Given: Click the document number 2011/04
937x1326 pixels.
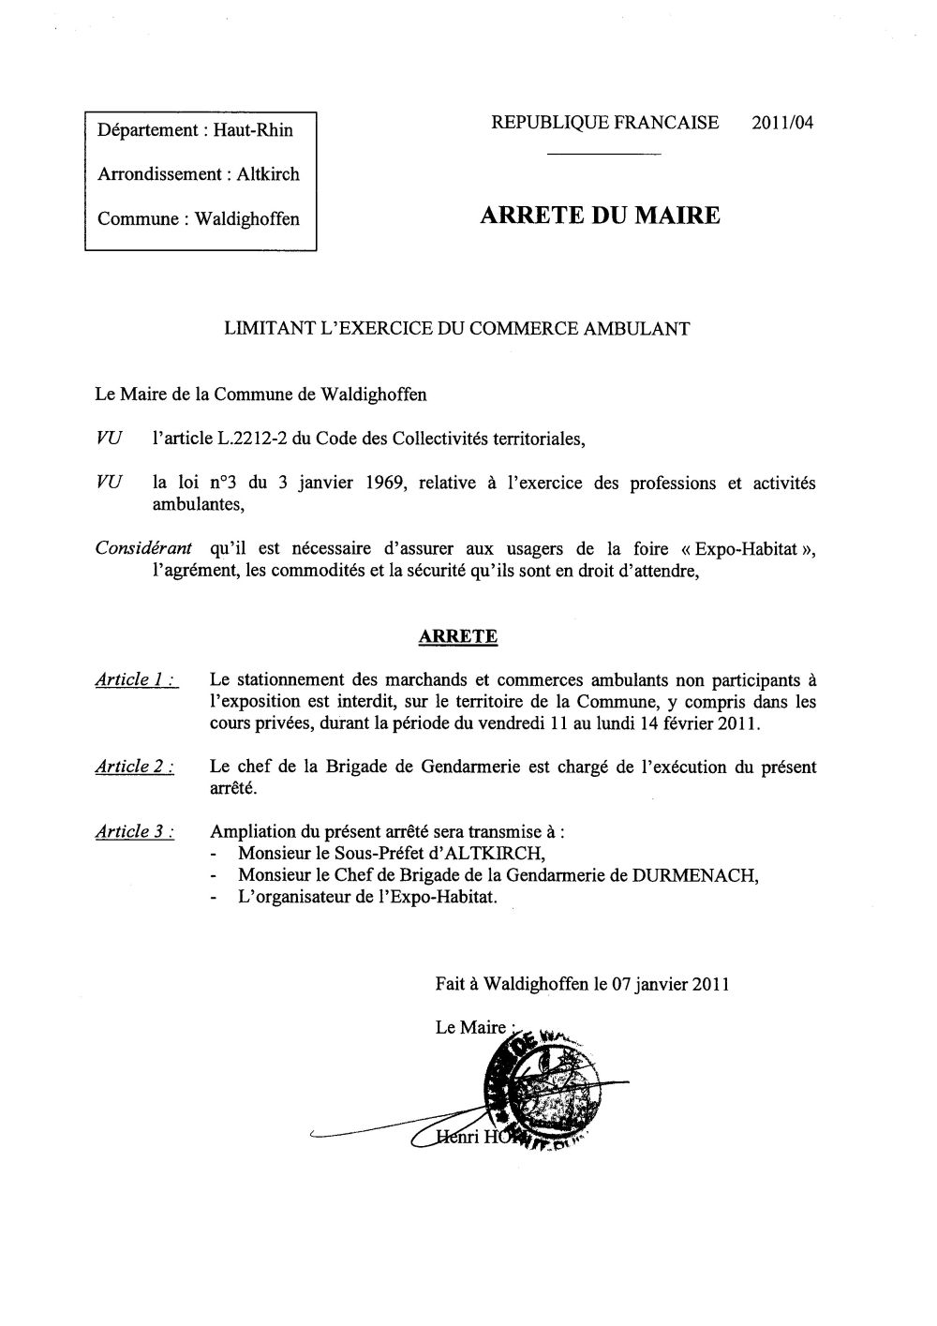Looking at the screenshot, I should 781,123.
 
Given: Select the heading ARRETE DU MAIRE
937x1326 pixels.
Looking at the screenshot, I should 600,216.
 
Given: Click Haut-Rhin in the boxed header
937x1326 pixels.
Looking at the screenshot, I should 253,130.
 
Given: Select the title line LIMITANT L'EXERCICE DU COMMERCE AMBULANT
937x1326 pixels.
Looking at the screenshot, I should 456,329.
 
